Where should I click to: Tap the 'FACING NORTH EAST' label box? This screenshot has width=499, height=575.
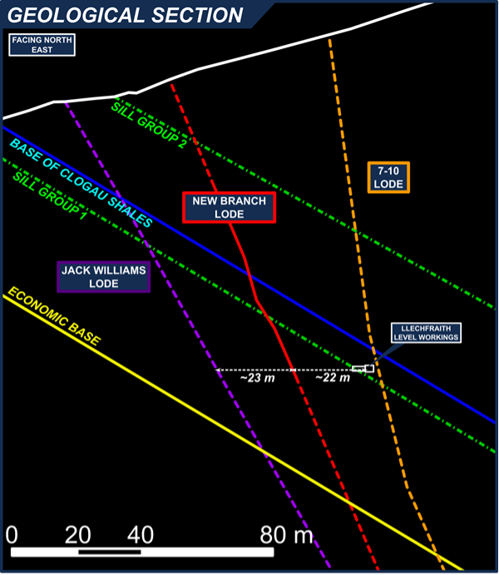click(42, 45)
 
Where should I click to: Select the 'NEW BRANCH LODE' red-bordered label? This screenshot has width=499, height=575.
click(229, 207)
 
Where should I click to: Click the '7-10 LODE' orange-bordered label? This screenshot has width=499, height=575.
click(388, 176)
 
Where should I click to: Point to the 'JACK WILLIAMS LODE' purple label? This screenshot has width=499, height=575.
click(103, 276)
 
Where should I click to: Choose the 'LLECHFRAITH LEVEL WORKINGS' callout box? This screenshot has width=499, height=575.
click(426, 333)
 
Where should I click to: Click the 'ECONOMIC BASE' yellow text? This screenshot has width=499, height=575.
click(53, 316)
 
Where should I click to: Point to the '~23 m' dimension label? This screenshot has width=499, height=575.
click(255, 379)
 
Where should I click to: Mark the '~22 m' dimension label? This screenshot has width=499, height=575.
click(332, 379)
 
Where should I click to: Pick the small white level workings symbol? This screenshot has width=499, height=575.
click(363, 368)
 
